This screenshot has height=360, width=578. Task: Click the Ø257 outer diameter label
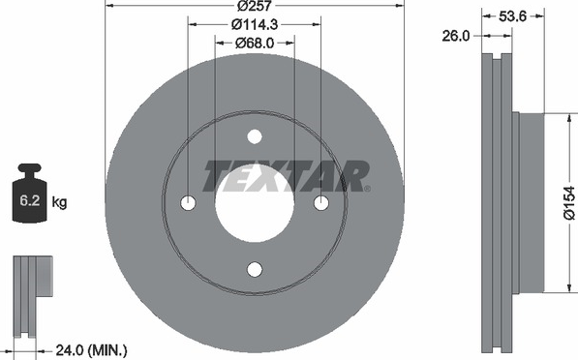(x=255, y=6)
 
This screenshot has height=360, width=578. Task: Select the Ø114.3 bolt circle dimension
(x=255, y=24)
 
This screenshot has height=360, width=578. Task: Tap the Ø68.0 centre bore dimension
(x=255, y=44)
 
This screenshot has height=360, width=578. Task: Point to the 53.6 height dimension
(x=512, y=15)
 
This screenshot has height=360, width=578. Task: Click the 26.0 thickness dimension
(x=456, y=36)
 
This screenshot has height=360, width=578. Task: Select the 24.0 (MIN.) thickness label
(x=91, y=349)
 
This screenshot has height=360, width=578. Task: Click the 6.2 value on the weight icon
(x=29, y=201)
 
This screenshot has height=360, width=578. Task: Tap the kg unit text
(x=59, y=202)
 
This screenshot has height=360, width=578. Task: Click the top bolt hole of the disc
(x=255, y=136)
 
